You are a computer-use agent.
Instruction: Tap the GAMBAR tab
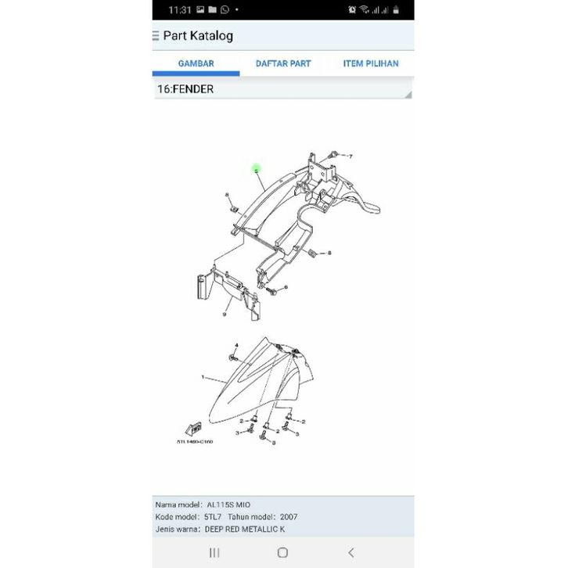click(x=196, y=63)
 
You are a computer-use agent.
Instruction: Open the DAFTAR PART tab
click(x=283, y=63)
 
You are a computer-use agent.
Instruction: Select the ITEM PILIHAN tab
click(x=371, y=63)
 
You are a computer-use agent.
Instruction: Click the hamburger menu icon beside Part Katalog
click(x=156, y=36)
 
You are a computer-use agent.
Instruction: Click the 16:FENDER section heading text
click(x=185, y=89)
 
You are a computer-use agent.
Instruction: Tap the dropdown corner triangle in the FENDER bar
click(x=407, y=95)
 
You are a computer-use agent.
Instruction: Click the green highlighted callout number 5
click(x=256, y=168)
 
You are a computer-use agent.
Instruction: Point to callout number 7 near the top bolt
click(x=351, y=156)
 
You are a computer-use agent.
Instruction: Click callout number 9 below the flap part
click(x=224, y=315)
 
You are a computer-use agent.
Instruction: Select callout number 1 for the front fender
click(x=203, y=377)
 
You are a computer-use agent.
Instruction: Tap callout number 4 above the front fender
click(x=236, y=345)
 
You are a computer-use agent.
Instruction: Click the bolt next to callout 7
click(x=335, y=153)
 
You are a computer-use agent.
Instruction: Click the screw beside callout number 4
click(x=234, y=356)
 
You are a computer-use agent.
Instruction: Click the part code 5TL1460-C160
click(x=195, y=441)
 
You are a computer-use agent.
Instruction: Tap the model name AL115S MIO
click(x=230, y=505)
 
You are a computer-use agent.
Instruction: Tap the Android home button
click(x=282, y=552)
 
